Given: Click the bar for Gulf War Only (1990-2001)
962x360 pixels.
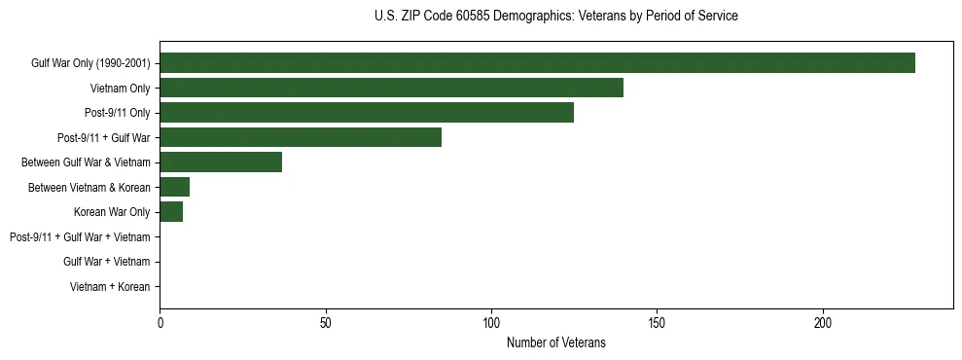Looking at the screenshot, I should [537, 63].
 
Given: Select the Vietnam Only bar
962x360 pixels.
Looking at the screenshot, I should [391, 88].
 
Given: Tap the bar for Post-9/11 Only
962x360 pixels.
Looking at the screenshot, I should [367, 113].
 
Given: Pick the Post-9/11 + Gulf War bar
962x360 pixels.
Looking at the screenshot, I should [301, 137].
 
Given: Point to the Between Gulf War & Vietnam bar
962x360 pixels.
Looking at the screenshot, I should [221, 162].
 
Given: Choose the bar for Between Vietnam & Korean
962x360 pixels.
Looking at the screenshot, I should [174, 187].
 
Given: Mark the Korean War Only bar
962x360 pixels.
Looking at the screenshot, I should [171, 212].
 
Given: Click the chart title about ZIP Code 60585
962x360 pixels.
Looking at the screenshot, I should [555, 17].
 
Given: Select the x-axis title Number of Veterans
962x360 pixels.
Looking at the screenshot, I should [555, 342].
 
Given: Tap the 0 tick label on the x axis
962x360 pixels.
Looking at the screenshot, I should [160, 323].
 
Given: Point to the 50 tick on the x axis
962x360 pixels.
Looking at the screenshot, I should [326, 323].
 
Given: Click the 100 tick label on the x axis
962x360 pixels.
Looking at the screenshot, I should [492, 323].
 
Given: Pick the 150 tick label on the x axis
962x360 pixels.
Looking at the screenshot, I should [658, 323].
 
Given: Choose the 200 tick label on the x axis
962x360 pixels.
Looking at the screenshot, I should [823, 323].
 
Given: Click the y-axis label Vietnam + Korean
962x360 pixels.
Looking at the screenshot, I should [110, 287].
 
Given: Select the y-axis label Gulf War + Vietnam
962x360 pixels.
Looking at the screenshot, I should [106, 262].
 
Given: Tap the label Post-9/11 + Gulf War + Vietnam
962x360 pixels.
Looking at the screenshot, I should [80, 237].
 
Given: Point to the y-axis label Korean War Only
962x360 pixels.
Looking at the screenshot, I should [112, 212].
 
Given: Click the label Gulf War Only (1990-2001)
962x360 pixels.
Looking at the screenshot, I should [90, 63].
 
